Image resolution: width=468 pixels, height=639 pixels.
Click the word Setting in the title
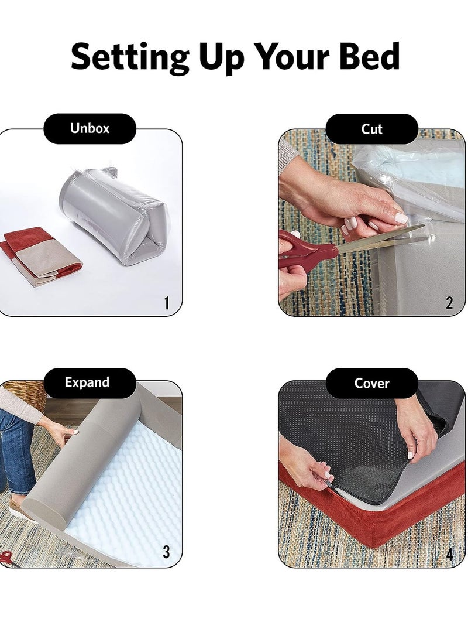pyautogui.click(x=130, y=57)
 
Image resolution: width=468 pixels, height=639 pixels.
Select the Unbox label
pyautogui.click(x=90, y=128)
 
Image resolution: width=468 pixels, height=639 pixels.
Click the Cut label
pyautogui.click(x=371, y=129)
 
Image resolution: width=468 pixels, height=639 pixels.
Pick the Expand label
pyautogui.click(x=87, y=382)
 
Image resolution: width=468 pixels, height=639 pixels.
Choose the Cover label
pyautogui.click(x=371, y=383)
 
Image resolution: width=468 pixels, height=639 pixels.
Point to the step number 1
pyautogui.click(x=167, y=303)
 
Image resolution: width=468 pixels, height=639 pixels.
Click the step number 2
pyautogui.click(x=449, y=303)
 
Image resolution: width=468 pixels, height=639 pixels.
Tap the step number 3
pyautogui.click(x=166, y=552)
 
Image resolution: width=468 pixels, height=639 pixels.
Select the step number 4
pyautogui.click(x=449, y=554)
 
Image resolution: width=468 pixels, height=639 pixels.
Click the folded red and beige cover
pyautogui.click(x=41, y=257)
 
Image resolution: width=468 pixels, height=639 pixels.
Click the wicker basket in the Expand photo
pyautogui.click(x=25, y=395)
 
